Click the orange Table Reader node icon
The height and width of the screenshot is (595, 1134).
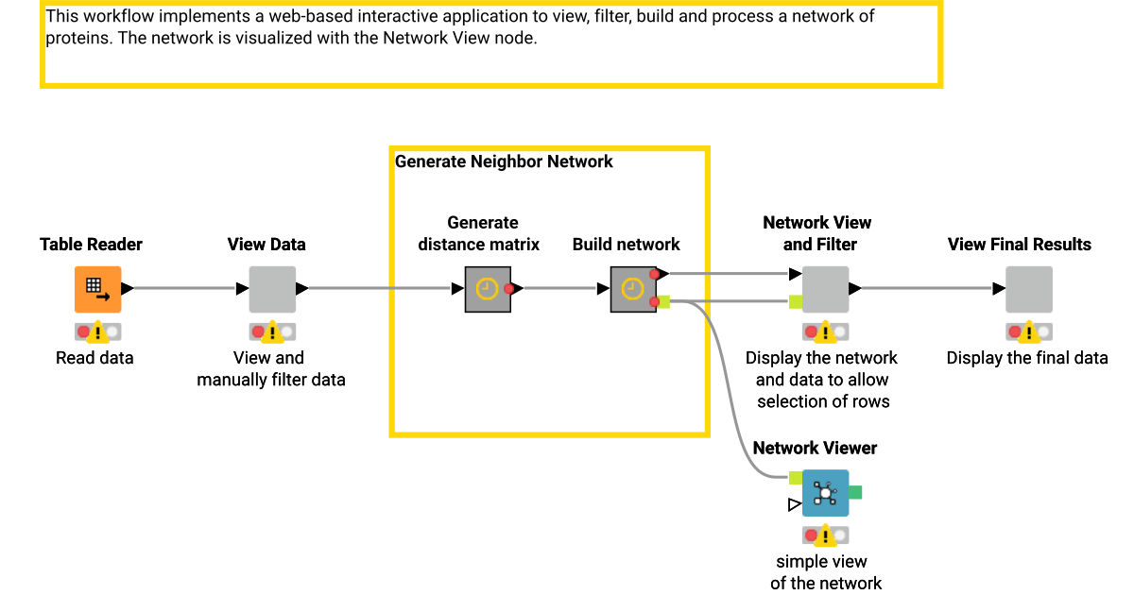pos(97,289)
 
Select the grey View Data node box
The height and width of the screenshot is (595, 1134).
pos(272,289)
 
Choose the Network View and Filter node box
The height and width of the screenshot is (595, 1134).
pos(825,289)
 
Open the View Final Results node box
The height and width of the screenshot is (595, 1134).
pos(1028,289)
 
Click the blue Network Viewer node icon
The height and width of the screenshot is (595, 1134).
pos(825,492)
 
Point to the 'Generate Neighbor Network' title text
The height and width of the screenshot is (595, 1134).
pos(504,161)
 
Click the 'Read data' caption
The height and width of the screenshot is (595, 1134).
pos(94,358)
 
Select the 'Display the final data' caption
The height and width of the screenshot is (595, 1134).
pos(1026,358)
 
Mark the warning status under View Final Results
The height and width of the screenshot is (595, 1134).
pos(1028,331)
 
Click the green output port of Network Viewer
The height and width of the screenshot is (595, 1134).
pos(855,492)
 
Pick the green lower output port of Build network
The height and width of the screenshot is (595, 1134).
pos(663,302)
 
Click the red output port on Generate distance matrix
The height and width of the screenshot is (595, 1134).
pos(509,289)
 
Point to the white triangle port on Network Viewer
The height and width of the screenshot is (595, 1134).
pos(794,505)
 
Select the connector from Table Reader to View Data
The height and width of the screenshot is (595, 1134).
pos(184,289)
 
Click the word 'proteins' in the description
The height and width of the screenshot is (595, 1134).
pos(75,39)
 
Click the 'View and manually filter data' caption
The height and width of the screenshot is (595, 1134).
pos(270,369)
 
